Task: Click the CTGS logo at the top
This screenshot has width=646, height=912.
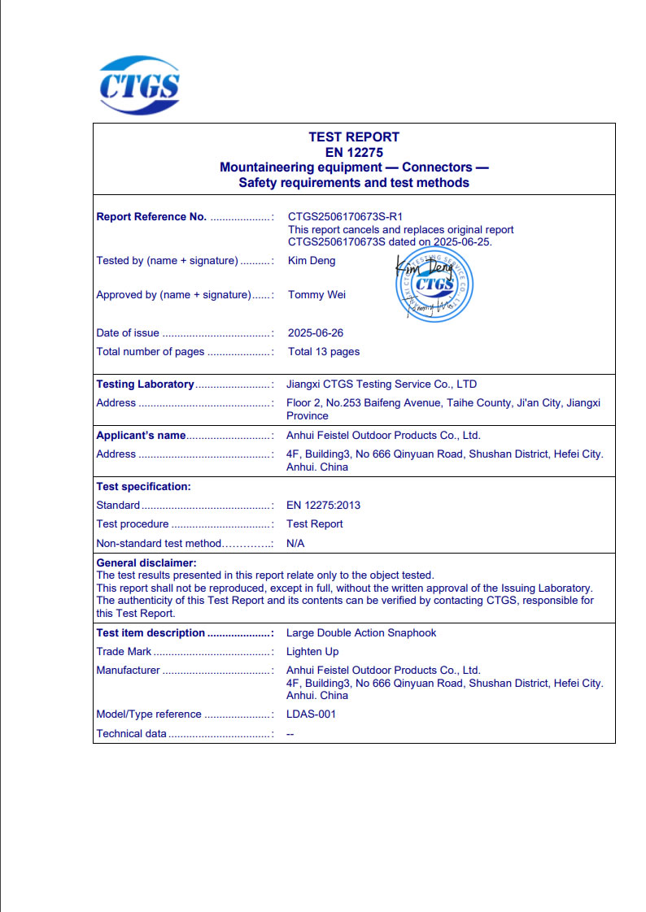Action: point(139,85)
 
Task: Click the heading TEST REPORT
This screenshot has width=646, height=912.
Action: point(354,137)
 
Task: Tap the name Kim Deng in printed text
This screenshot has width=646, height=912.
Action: point(312,261)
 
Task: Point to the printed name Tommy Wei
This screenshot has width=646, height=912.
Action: point(316,295)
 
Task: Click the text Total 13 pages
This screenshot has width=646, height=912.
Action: point(324,352)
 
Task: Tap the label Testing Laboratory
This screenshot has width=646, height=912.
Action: point(145,384)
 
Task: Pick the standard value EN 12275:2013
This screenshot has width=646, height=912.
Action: point(323,506)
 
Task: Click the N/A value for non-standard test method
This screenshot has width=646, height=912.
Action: point(295,543)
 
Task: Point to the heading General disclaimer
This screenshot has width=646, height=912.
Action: point(146,562)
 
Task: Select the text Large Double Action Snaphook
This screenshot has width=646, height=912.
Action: point(361,633)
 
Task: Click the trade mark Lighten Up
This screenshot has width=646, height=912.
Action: point(312,652)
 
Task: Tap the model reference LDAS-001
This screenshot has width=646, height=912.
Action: point(311,714)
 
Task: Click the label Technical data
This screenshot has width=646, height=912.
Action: point(131,734)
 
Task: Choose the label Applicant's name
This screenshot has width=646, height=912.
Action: point(141,436)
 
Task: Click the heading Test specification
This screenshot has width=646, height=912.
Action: point(143,487)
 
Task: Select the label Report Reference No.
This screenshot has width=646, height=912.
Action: point(151,217)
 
